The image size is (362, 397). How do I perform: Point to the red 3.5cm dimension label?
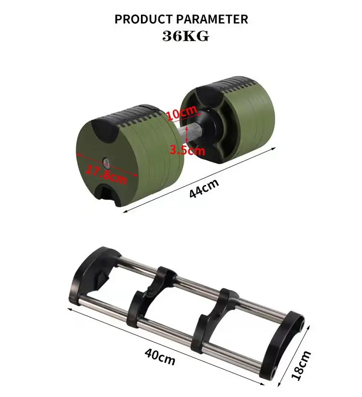pyautogui.click(x=187, y=150)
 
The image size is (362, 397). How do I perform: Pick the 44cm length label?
pyautogui.click(x=204, y=187)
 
